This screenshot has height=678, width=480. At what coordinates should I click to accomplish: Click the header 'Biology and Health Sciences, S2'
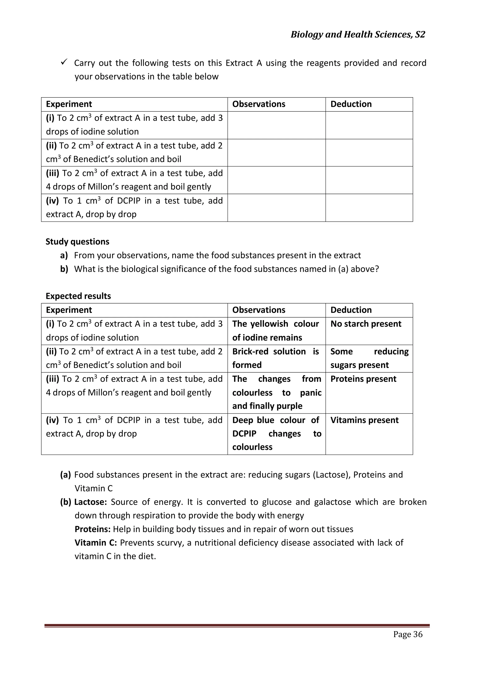358,35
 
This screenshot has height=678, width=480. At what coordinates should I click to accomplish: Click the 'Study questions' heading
77,241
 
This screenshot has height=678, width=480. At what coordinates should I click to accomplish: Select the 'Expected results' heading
78,296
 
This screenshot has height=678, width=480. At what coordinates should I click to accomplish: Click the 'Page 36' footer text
408,634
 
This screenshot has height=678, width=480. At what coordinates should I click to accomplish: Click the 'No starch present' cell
366,324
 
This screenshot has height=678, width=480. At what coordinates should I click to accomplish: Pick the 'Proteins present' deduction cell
363,379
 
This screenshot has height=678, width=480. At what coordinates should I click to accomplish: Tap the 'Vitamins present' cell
364,420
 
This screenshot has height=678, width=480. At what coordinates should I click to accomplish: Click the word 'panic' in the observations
311,393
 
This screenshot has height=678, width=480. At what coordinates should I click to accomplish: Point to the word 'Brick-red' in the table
250,351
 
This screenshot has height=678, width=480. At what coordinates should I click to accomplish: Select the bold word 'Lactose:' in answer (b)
90,502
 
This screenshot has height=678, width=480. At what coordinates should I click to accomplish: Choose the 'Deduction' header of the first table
351,104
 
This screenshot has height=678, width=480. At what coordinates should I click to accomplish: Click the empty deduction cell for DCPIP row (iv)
369,207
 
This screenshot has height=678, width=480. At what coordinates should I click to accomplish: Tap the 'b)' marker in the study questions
64,269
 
